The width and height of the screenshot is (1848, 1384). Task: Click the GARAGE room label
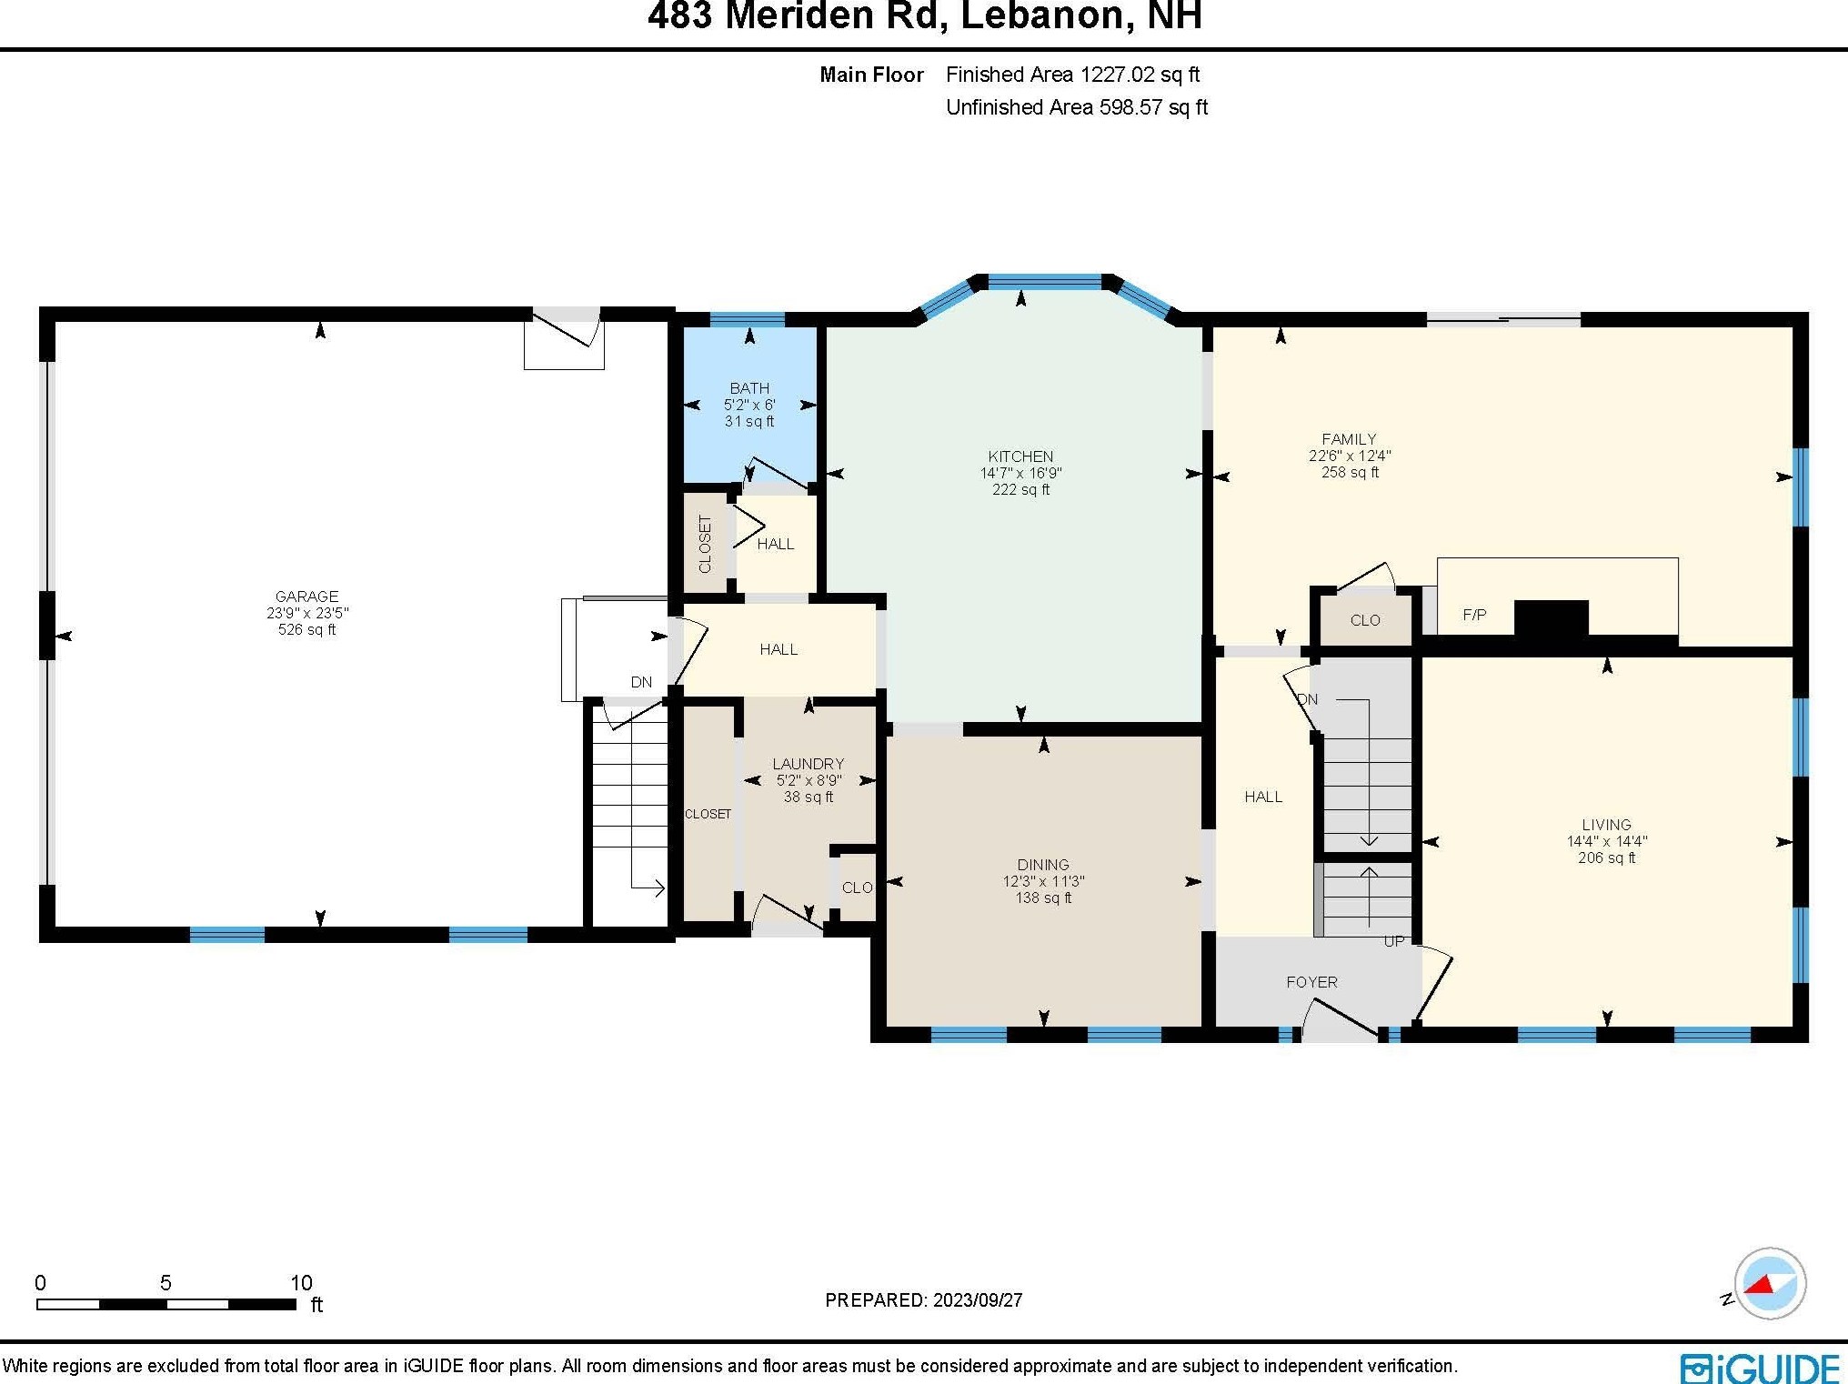coord(306,597)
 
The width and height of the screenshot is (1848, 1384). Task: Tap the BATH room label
coord(749,388)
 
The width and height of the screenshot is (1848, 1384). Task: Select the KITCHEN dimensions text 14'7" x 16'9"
coord(1020,473)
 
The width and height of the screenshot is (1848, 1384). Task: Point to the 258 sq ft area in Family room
coord(1350,472)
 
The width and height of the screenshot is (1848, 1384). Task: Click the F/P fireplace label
coord(1474,615)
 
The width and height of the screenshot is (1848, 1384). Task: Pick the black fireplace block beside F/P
coord(1551,618)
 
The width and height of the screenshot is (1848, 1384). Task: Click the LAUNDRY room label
coord(808,764)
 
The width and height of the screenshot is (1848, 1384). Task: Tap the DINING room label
coord(1043,865)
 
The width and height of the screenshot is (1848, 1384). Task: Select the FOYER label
coord(1311,982)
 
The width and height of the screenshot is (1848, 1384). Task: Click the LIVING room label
coord(1606,825)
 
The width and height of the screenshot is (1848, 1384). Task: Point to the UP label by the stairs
coord(1393,941)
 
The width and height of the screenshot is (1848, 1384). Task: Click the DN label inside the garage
coord(641,682)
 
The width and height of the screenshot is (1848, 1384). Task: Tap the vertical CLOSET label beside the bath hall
coord(705,544)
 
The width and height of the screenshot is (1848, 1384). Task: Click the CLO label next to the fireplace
coord(1364,620)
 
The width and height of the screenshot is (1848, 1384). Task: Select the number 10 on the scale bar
coord(301,1283)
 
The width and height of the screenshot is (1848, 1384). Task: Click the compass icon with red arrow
coord(1769,1283)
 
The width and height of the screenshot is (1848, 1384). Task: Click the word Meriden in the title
coord(830,16)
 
